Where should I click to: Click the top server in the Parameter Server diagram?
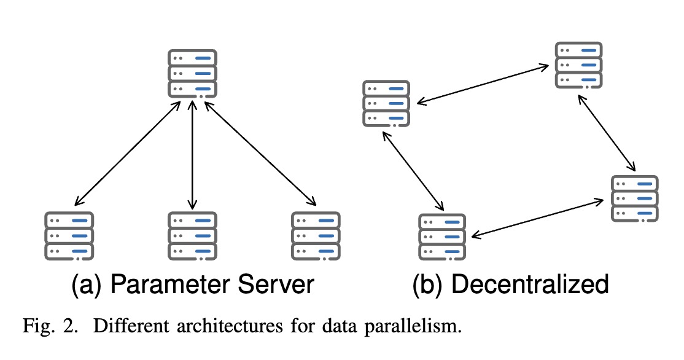(x=193, y=73)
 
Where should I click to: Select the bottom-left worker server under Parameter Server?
(x=69, y=235)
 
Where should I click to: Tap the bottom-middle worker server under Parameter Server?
(x=193, y=235)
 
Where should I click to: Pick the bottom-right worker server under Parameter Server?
(x=316, y=235)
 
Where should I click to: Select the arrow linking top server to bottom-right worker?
(x=259, y=154)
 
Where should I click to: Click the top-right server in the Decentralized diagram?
(x=579, y=65)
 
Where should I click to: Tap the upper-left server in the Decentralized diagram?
(x=386, y=103)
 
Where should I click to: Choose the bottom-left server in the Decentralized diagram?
(x=441, y=237)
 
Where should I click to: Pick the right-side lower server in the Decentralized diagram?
(x=635, y=198)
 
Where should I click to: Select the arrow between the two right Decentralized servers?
(x=607, y=133)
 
